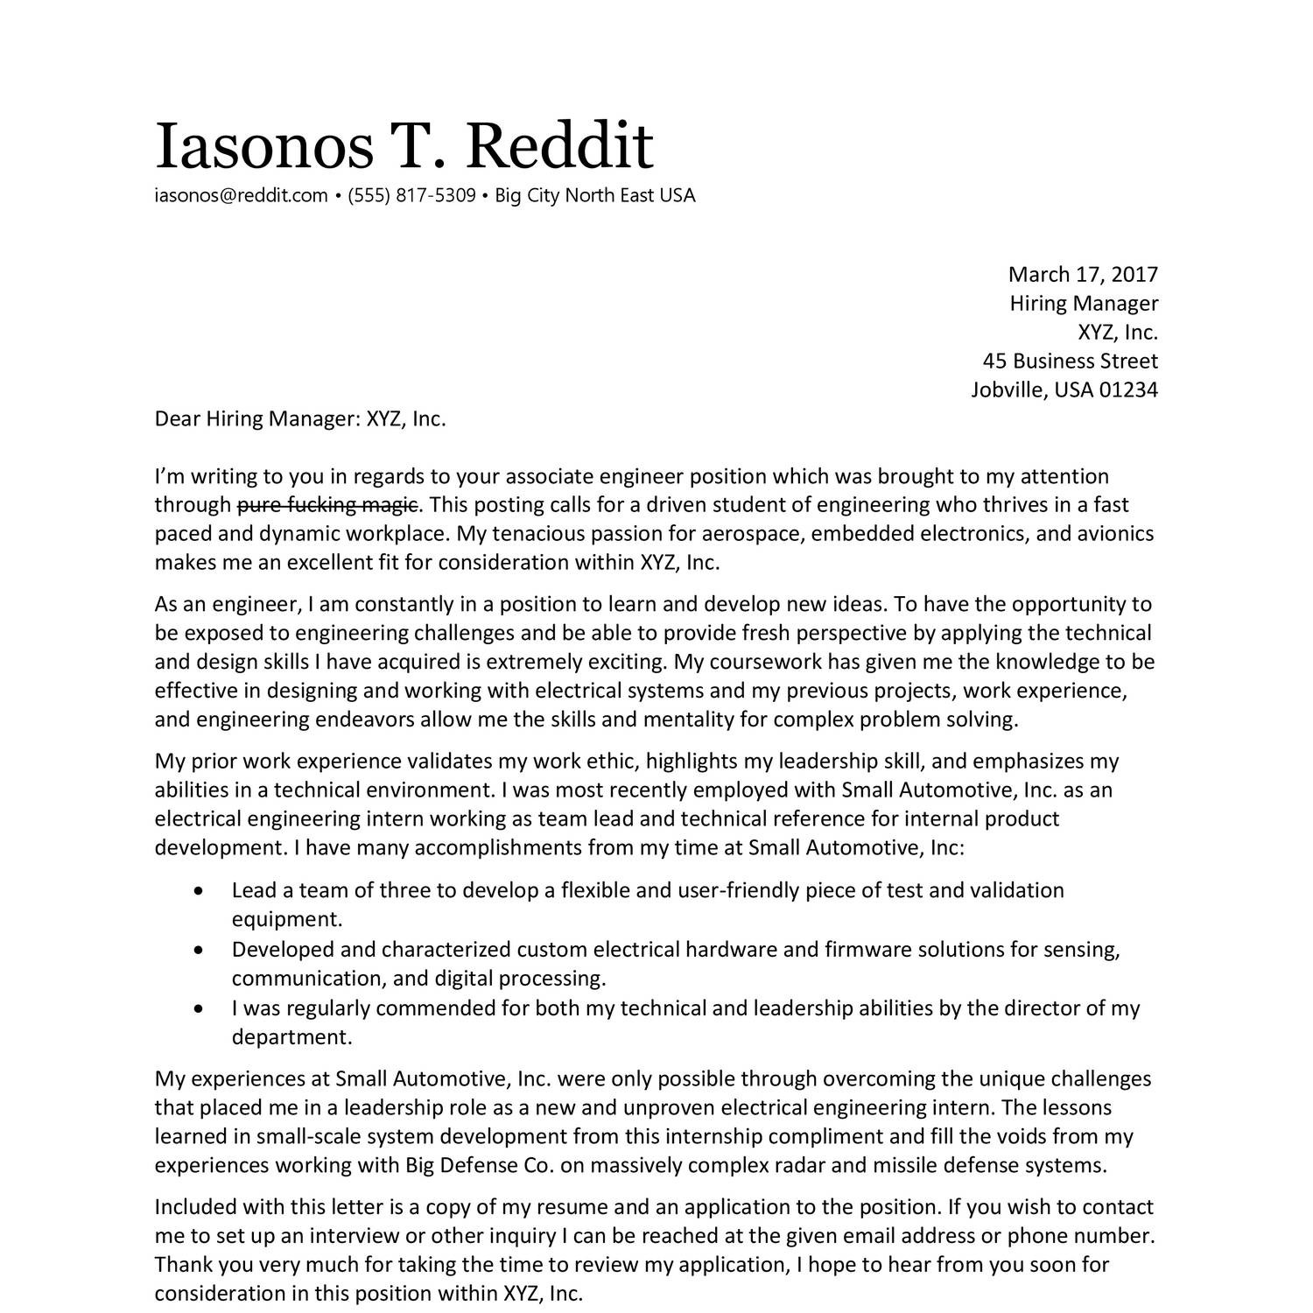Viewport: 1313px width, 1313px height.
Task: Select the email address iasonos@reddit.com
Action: [241, 195]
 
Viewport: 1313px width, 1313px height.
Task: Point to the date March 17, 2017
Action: [1082, 275]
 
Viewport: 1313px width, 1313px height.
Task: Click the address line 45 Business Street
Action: [1070, 362]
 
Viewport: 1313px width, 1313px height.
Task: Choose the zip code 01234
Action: [1128, 390]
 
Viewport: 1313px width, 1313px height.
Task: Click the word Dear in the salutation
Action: [178, 419]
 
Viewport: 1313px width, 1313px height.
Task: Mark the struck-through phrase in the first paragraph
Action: [327, 505]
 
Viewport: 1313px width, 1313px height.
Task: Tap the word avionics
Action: [1114, 534]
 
